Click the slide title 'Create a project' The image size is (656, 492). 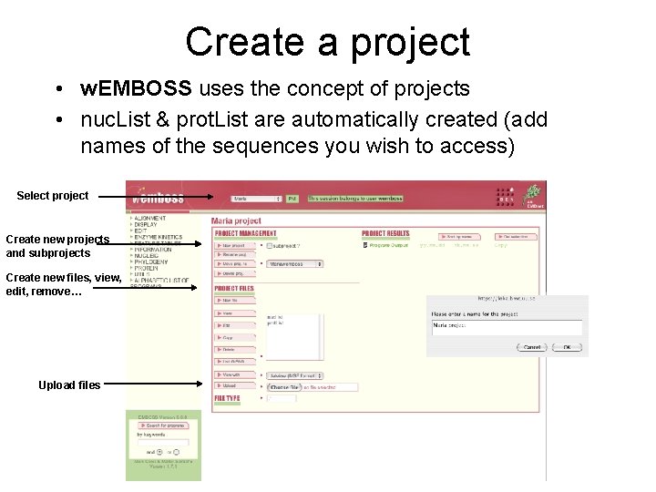point(327,42)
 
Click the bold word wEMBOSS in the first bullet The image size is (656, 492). point(136,88)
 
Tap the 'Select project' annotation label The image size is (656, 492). point(53,196)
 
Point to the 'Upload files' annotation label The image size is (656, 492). point(69,385)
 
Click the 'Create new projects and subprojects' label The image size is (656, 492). point(57,246)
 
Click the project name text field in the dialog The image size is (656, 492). point(506,325)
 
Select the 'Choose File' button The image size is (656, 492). point(285,387)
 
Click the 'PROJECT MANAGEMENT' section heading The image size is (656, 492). point(245,233)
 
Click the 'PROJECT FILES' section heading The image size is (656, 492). point(234,289)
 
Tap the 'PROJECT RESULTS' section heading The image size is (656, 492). point(386,233)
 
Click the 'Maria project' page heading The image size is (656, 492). point(236,220)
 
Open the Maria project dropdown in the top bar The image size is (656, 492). point(256,198)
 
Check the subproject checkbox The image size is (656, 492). point(269,246)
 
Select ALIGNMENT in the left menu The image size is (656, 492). point(149,219)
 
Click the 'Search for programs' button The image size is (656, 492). point(160,425)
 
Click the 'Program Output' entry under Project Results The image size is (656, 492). point(387,245)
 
